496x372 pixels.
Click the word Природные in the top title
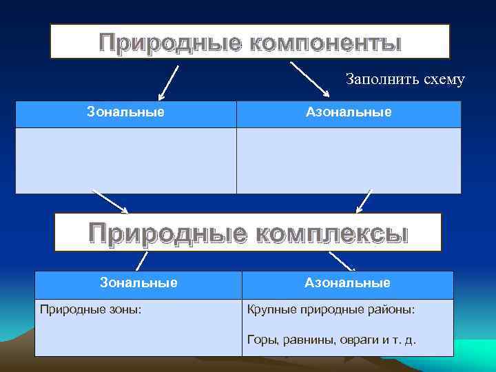tap(169, 43)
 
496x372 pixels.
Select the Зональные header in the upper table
tap(125, 112)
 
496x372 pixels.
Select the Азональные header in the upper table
tap(349, 112)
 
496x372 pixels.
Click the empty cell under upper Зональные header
tap(125, 160)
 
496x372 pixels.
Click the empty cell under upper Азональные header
tap(349, 160)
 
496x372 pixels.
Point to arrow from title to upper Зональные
tap(169, 82)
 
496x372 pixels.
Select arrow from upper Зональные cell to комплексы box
tap(110, 202)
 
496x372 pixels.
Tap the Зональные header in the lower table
tap(138, 282)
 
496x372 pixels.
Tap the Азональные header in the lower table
tap(347, 282)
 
